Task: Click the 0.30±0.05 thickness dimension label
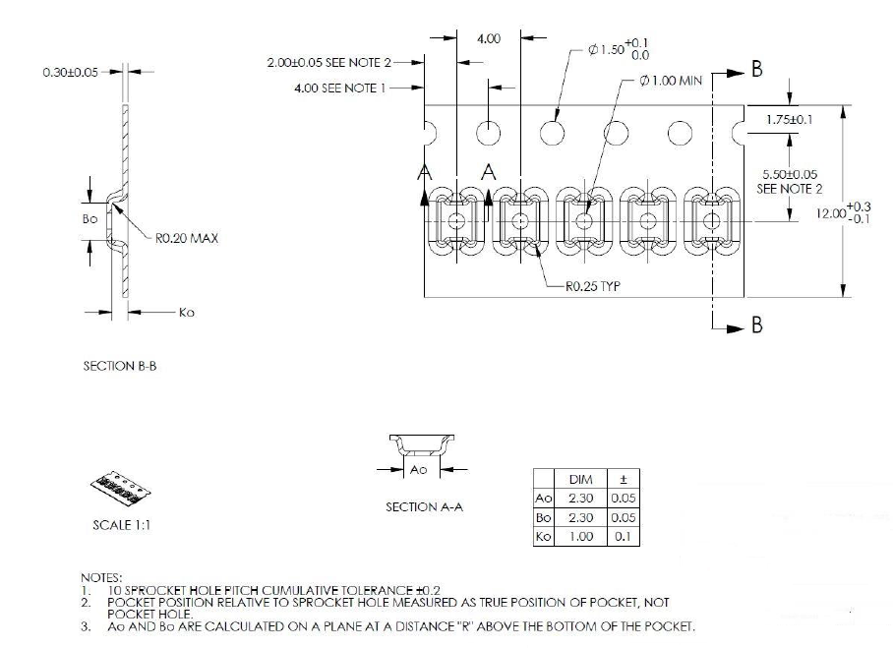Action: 70,72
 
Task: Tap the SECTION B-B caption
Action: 122,366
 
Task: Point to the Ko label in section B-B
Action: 189,313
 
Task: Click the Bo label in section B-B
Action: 90,218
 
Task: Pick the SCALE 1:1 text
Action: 122,524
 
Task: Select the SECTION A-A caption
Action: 424,506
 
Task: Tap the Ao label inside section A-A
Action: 418,471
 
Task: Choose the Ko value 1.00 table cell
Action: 580,536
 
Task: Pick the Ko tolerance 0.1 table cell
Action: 625,536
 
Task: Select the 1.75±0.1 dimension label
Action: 789,120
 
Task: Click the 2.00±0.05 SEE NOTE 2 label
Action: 328,62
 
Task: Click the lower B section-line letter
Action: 756,325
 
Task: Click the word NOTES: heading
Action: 102,577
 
